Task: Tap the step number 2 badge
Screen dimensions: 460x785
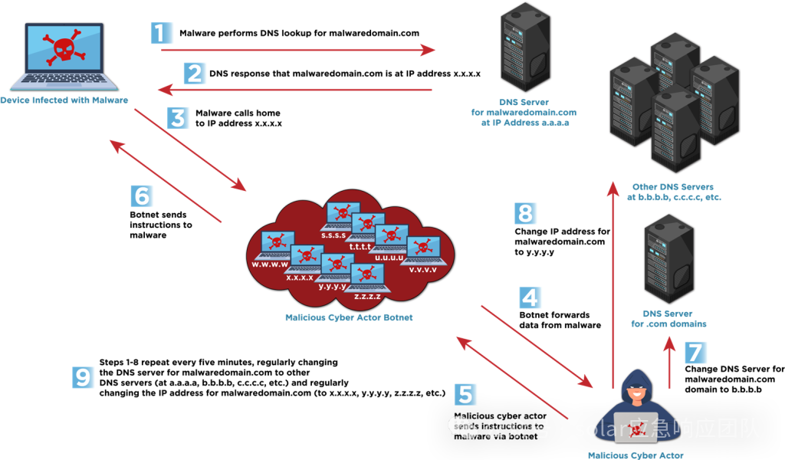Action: (x=195, y=74)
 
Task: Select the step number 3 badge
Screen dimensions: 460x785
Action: (x=178, y=118)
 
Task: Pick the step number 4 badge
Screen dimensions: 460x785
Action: (x=530, y=297)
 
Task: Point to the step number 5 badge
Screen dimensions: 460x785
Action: (x=465, y=394)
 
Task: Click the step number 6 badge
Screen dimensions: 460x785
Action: (x=142, y=196)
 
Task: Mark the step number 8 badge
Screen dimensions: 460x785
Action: (x=525, y=213)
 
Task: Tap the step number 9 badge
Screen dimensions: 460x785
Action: (x=84, y=377)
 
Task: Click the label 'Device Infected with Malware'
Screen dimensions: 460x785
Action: (x=64, y=100)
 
